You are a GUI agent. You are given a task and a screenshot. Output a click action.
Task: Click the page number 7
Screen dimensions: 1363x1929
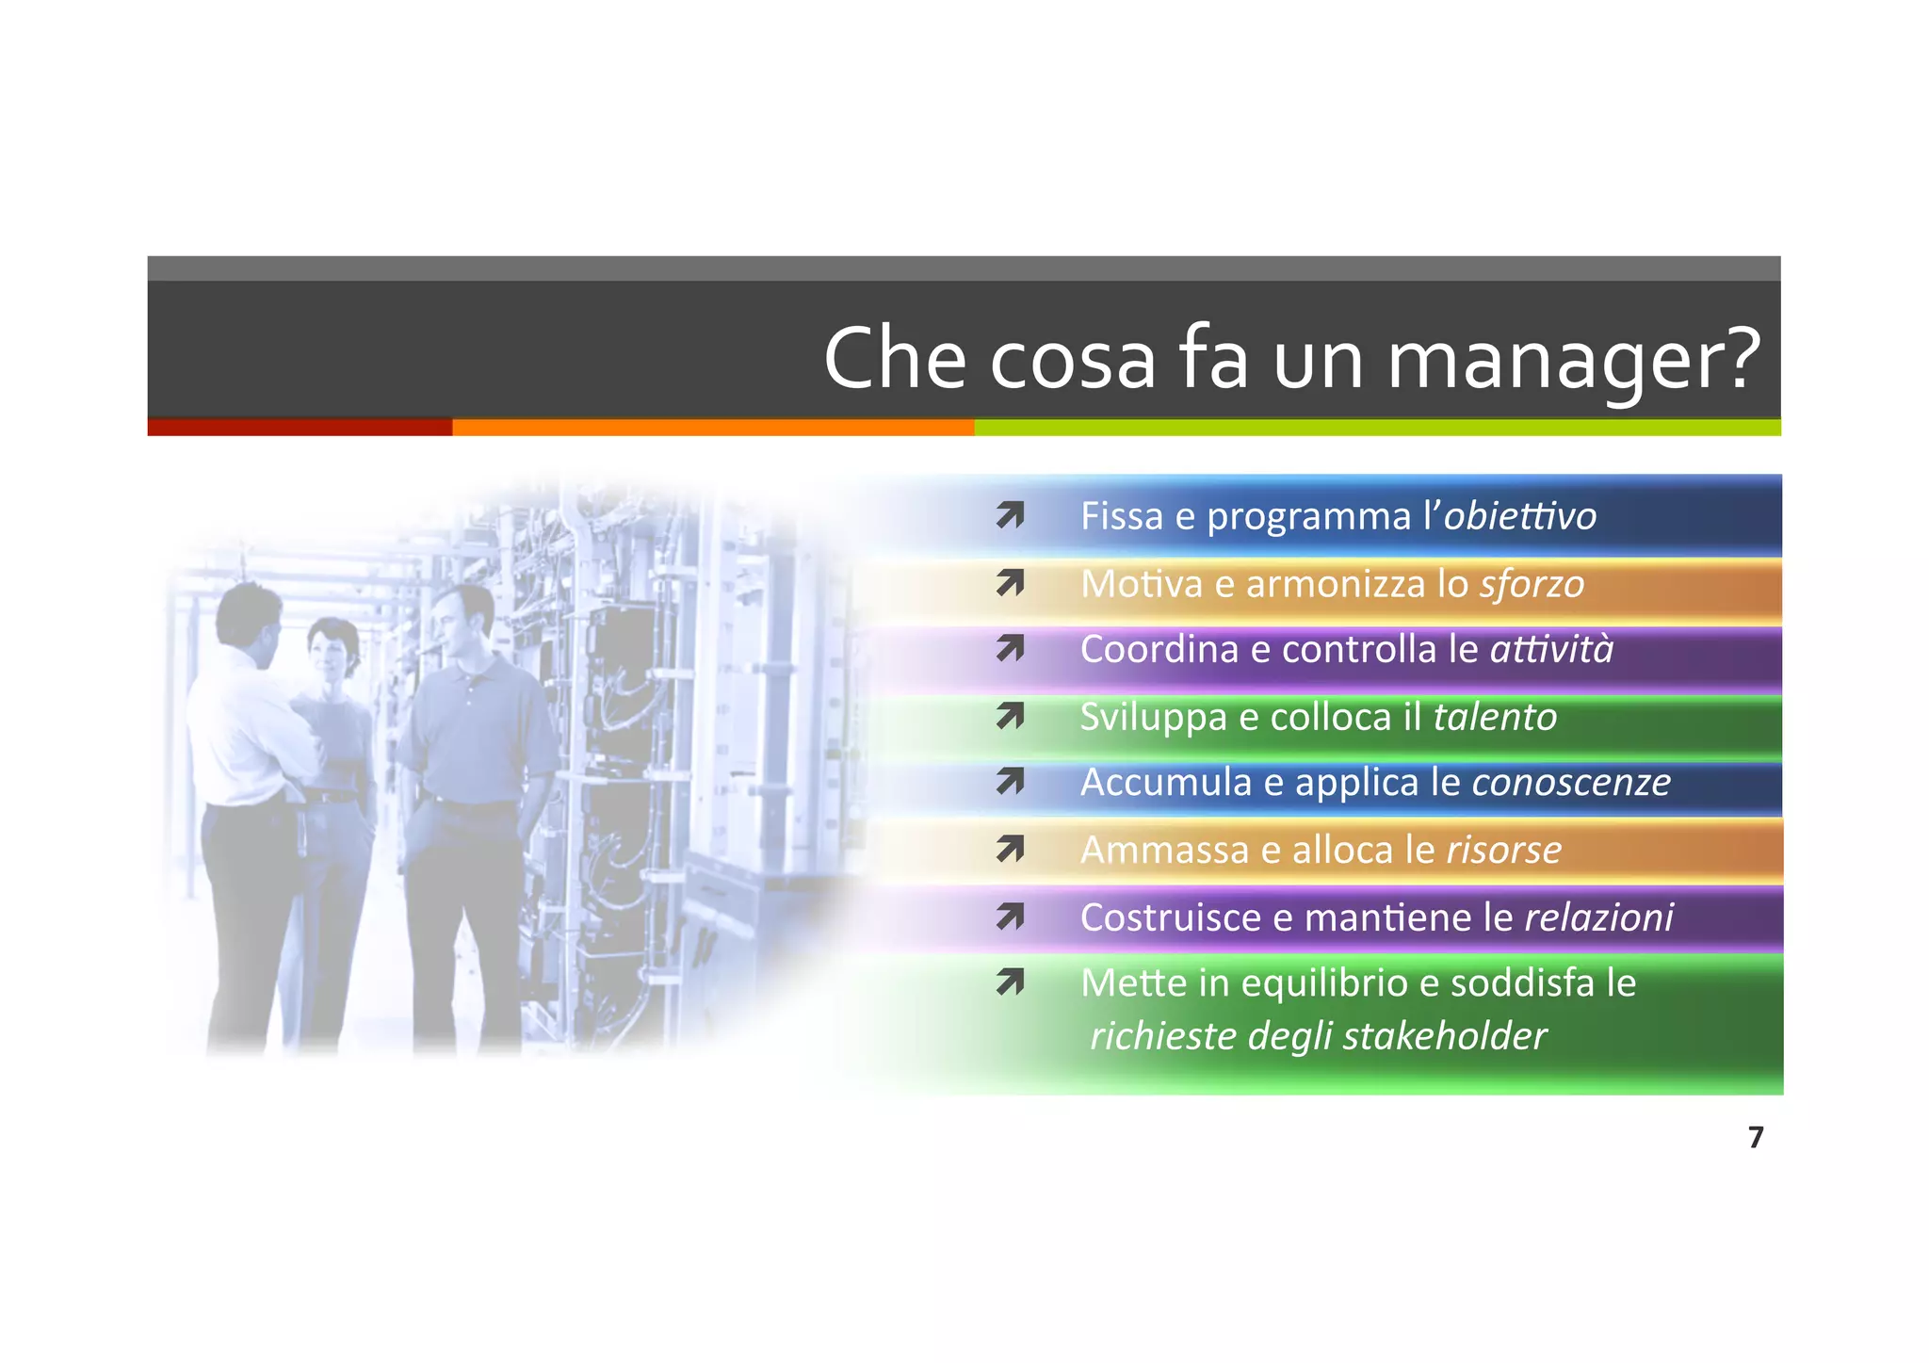(1755, 1138)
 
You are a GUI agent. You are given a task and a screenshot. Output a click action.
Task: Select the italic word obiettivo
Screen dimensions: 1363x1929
(1519, 516)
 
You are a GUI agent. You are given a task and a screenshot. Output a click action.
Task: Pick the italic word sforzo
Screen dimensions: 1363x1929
(1532, 584)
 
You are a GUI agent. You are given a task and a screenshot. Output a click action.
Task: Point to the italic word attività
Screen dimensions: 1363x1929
(1551, 649)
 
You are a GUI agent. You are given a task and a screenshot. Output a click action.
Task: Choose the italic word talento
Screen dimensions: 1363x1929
(1495, 717)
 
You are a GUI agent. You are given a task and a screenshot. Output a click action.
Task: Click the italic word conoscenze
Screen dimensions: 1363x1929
(1571, 782)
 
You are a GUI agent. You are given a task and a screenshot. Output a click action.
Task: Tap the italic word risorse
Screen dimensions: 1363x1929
(1503, 850)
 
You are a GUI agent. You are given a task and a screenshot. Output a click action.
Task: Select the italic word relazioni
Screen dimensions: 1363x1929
(1598, 917)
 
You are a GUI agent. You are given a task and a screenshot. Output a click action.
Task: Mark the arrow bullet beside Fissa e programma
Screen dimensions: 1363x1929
(1010, 516)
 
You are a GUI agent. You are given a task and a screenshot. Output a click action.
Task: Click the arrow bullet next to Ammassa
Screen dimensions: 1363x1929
(1010, 851)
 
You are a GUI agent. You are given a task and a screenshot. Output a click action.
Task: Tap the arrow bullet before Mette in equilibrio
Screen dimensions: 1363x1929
(1010, 983)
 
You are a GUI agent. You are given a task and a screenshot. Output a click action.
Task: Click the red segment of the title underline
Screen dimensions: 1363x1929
(300, 428)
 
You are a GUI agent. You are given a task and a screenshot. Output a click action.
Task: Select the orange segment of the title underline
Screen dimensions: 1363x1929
(713, 428)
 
